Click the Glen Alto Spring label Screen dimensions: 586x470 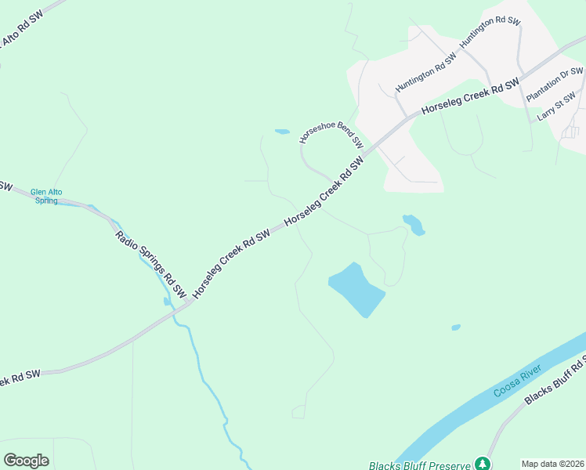coord(46,196)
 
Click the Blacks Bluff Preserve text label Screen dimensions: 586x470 coord(419,465)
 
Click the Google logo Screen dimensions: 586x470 coord(26,461)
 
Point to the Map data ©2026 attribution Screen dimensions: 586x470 coord(553,464)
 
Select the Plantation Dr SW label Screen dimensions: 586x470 coord(555,85)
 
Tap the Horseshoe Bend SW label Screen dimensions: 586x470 coord(332,135)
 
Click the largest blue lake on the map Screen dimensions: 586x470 coord(356,289)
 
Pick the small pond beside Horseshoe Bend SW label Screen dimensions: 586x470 coord(282,132)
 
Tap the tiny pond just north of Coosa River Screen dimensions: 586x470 coord(456,327)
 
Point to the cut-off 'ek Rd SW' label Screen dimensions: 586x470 coord(20,376)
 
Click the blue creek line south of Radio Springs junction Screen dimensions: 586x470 coord(205,376)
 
